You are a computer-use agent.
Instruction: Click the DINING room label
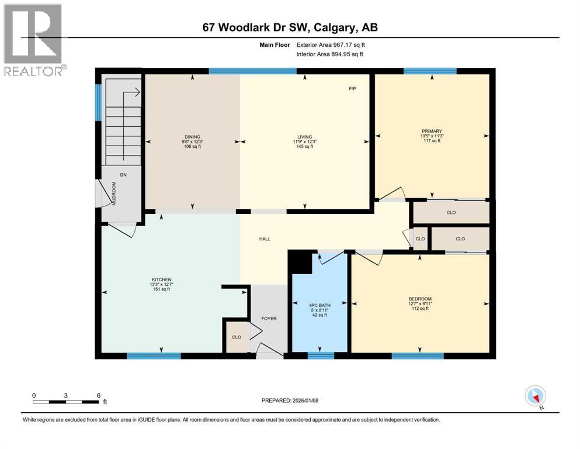tap(192, 137)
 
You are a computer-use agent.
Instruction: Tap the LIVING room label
tap(304, 137)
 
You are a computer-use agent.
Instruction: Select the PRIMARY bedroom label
tap(432, 132)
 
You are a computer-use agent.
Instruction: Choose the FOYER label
tap(269, 319)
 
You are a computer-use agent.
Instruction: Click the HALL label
tap(265, 239)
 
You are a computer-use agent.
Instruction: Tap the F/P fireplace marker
tap(352, 89)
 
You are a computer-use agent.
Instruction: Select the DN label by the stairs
tap(123, 174)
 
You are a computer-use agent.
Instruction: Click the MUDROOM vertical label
tap(114, 193)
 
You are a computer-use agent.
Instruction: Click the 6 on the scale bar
tap(99, 395)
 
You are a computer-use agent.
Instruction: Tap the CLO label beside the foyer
tap(237, 338)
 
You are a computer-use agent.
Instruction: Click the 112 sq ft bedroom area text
tap(419, 309)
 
